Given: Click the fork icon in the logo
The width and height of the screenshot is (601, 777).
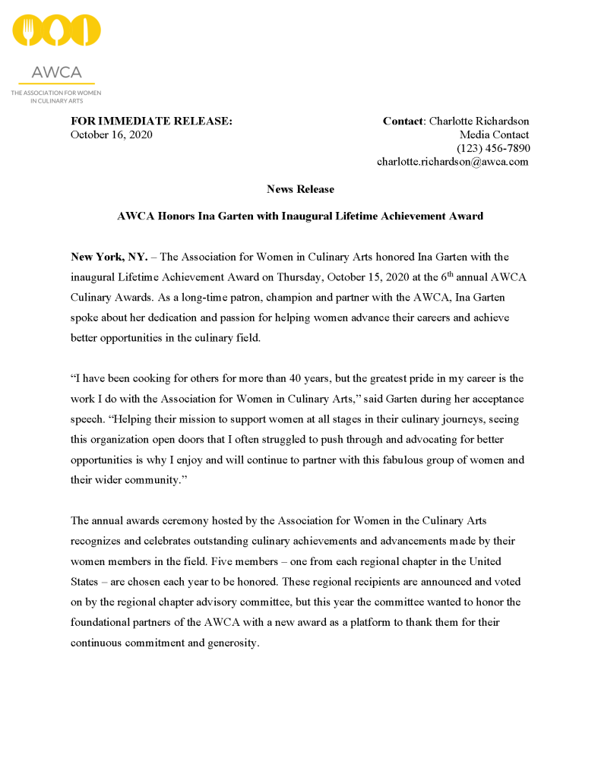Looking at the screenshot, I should click(29, 31).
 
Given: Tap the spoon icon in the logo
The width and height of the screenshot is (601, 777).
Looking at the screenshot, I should click(57, 31).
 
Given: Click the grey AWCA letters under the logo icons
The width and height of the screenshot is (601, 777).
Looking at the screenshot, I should click(56, 73).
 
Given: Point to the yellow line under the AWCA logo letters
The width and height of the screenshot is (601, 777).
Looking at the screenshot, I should click(56, 84).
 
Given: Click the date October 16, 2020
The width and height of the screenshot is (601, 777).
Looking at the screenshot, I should click(111, 134).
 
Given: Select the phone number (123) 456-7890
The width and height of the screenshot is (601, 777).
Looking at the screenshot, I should click(493, 148).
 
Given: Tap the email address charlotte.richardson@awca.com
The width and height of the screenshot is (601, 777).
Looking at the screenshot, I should click(453, 162).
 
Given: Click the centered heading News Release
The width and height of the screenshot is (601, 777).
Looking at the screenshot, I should click(300, 189).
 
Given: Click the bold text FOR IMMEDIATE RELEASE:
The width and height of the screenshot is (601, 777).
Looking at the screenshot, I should click(151, 121).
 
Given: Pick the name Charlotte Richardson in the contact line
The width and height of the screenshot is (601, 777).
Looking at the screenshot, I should click(479, 121).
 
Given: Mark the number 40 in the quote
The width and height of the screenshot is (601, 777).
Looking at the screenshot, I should click(332, 378).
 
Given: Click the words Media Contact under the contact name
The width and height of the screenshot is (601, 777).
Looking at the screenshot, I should click(494, 134).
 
